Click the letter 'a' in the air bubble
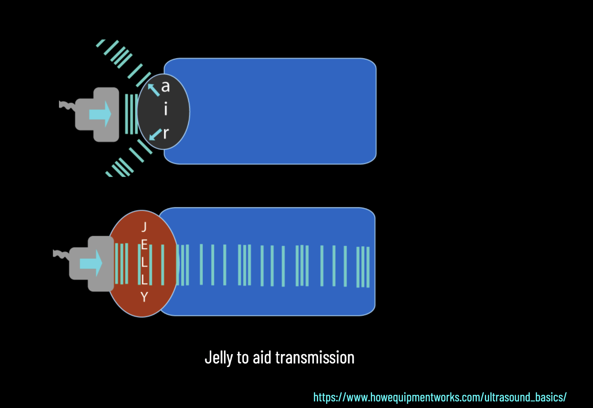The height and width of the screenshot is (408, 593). pyautogui.click(x=165, y=87)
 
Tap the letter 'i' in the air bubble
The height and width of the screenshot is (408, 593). pyautogui.click(x=165, y=109)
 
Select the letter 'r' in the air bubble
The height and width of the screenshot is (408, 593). pyautogui.click(x=166, y=133)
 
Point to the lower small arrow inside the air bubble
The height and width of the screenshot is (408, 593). pyautogui.click(x=155, y=134)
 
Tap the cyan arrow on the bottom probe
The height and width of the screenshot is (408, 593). pyautogui.click(x=91, y=263)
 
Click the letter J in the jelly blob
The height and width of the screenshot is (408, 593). pyautogui.click(x=144, y=227)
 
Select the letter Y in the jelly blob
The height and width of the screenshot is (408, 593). pyautogui.click(x=144, y=297)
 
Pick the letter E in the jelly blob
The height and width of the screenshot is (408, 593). pyautogui.click(x=144, y=245)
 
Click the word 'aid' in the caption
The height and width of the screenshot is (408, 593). pyautogui.click(x=262, y=358)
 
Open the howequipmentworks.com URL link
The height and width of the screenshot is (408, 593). pyautogui.click(x=440, y=397)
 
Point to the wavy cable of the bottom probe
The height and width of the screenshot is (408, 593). pyautogui.click(x=61, y=254)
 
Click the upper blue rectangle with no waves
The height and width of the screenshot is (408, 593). pyautogui.click(x=280, y=111)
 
